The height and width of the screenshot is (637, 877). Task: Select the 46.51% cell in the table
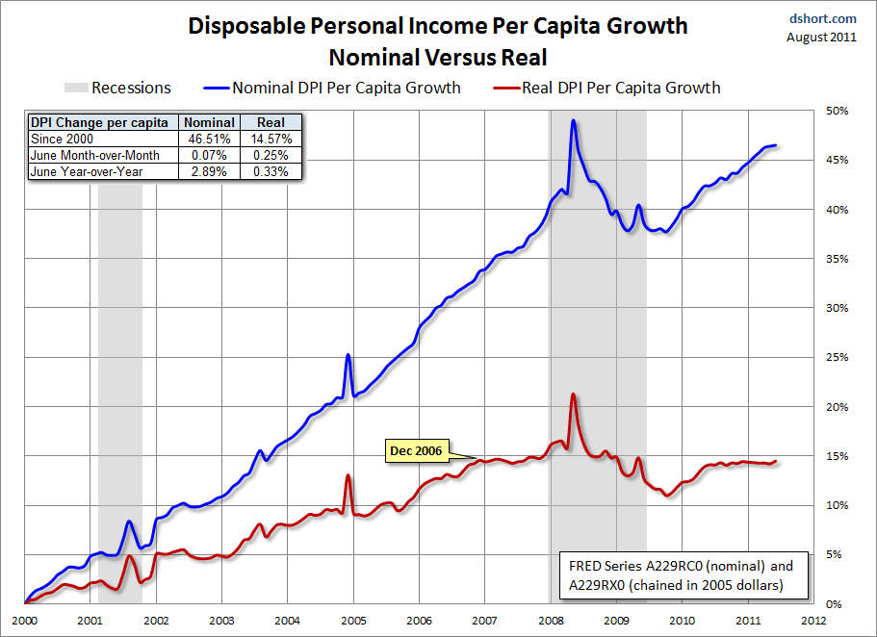pyautogui.click(x=209, y=139)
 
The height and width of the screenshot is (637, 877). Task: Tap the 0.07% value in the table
pyautogui.click(x=209, y=155)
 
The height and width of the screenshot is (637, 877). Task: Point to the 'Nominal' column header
pyautogui.click(x=209, y=122)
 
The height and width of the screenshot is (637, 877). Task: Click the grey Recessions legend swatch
pyautogui.click(x=74, y=88)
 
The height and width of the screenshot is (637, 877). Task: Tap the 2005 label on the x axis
pyautogui.click(x=353, y=621)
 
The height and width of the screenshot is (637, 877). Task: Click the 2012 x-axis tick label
pyautogui.click(x=815, y=621)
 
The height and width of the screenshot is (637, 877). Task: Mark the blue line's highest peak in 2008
pyautogui.click(x=574, y=120)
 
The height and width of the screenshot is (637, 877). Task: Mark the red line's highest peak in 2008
pyautogui.click(x=574, y=395)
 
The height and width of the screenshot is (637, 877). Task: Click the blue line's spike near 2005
pyautogui.click(x=348, y=355)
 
